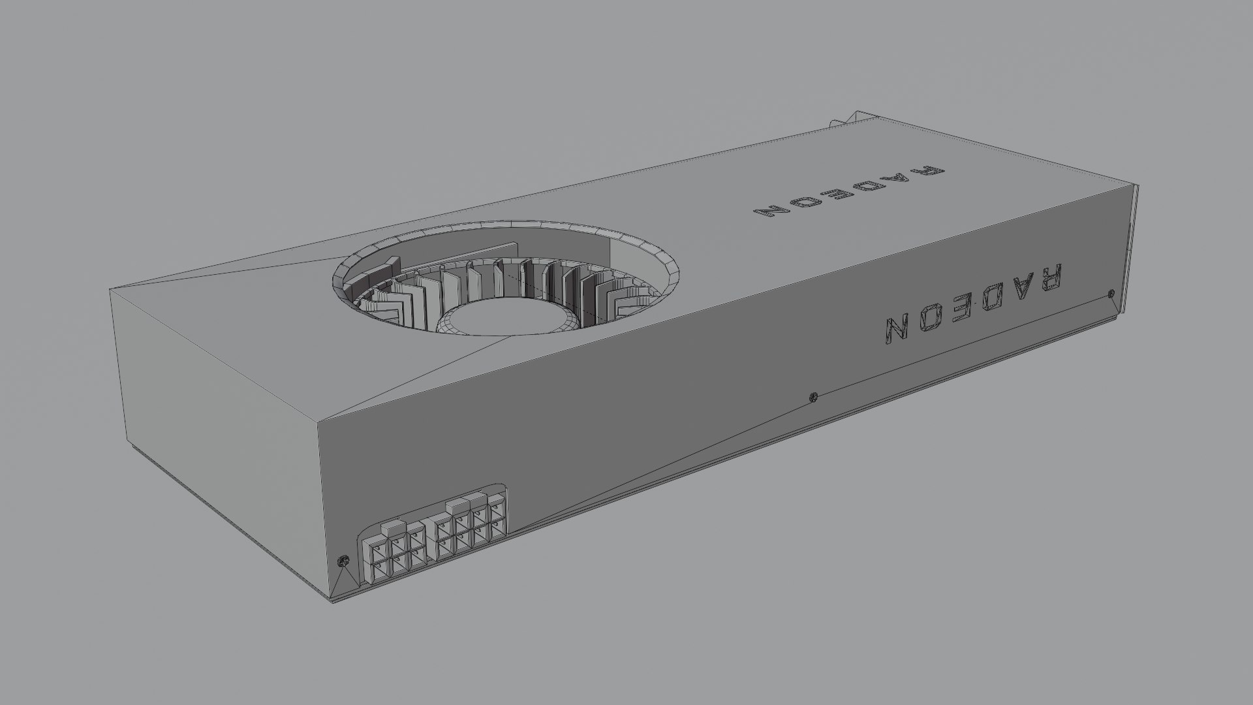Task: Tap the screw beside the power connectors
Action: pyautogui.click(x=343, y=561)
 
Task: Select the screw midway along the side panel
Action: pyautogui.click(x=812, y=396)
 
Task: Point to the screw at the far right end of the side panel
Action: pyautogui.click(x=1111, y=294)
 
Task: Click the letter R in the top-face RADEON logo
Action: pyautogui.click(x=931, y=172)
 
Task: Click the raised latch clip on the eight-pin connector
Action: pyautogui.click(x=459, y=504)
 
